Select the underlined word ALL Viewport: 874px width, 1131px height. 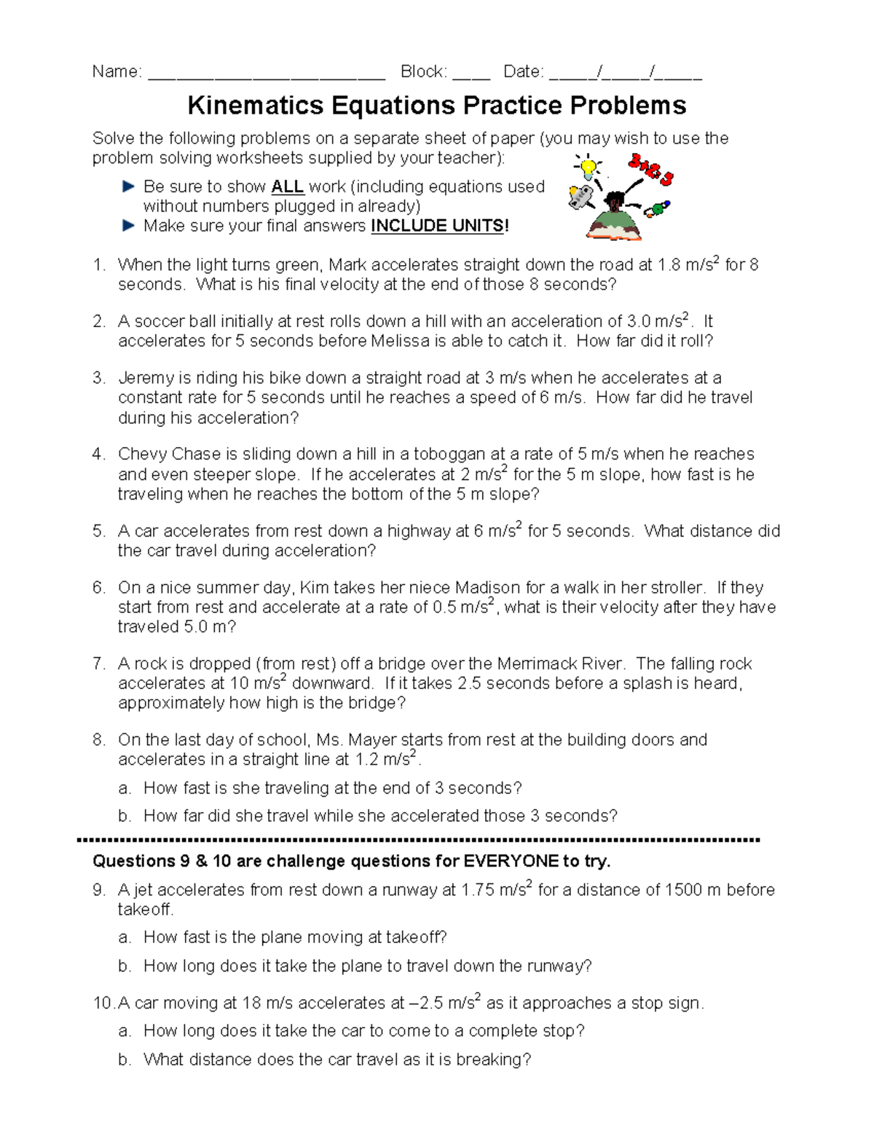[287, 187]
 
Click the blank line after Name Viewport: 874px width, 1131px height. [267, 73]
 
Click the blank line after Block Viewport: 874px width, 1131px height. [471, 73]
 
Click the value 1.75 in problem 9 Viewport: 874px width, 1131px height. [478, 890]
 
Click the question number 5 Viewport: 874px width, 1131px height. [98, 531]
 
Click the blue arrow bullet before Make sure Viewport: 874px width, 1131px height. [129, 226]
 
